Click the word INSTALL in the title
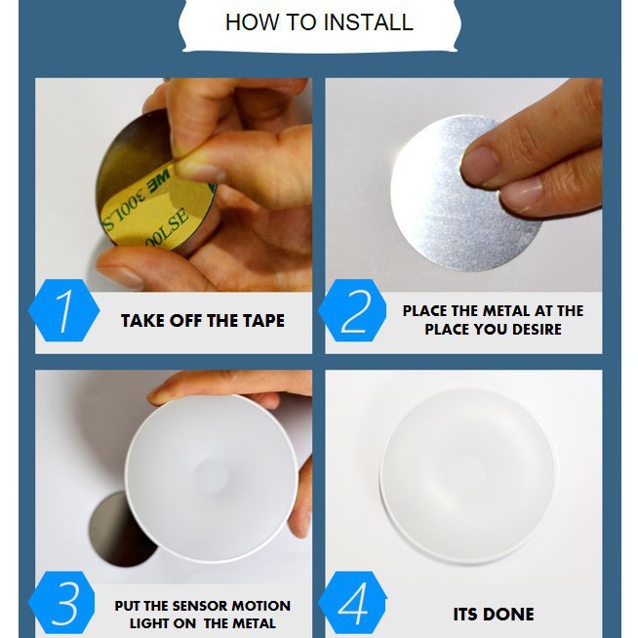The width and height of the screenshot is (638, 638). [369, 22]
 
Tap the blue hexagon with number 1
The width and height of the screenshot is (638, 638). [63, 310]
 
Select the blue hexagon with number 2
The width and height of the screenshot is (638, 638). [353, 310]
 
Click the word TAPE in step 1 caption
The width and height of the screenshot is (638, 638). [264, 321]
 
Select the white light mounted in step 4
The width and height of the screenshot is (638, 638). [468, 475]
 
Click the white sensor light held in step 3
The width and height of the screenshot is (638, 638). [211, 478]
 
